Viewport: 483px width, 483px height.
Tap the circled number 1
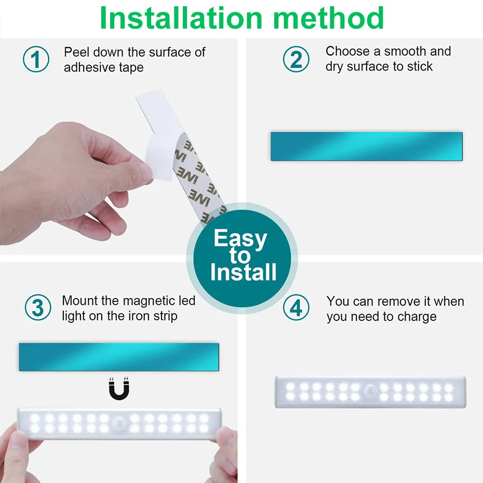(x=36, y=59)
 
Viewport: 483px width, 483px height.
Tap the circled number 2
(x=296, y=59)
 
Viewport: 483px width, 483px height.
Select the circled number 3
(x=38, y=308)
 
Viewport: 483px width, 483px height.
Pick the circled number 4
(x=296, y=308)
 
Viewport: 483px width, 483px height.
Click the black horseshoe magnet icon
(x=119, y=389)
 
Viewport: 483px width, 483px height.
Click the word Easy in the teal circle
(x=240, y=239)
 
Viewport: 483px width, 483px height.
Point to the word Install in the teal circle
(x=243, y=273)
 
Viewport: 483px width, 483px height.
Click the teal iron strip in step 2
(x=366, y=146)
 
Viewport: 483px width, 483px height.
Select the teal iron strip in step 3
(x=119, y=357)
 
